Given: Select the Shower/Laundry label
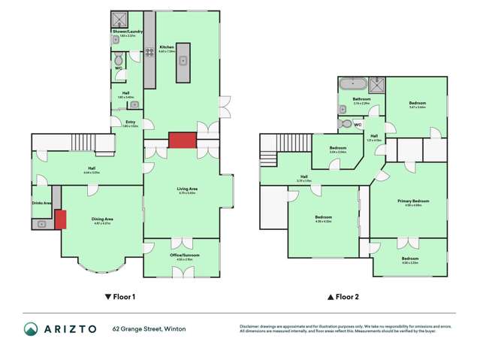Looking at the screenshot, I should pyautogui.click(x=125, y=32).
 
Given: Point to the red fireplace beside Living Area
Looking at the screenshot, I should pyautogui.click(x=181, y=141).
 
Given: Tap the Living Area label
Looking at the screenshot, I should pyautogui.click(x=186, y=190).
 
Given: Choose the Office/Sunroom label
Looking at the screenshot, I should pyautogui.click(x=182, y=256).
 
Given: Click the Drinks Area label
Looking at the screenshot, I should pyautogui.click(x=41, y=203).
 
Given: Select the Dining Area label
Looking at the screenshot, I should pyautogui.click(x=101, y=220).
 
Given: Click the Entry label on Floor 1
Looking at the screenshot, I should pyautogui.click(x=130, y=122).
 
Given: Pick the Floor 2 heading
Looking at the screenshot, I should pyautogui.click(x=343, y=297).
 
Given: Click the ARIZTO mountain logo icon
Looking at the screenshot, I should pyautogui.click(x=30, y=329).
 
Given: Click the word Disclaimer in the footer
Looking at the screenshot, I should pyautogui.click(x=250, y=325).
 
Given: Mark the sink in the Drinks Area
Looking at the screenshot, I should pyautogui.click(x=43, y=224).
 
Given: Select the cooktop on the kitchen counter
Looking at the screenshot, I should pyautogui.click(x=149, y=32).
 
